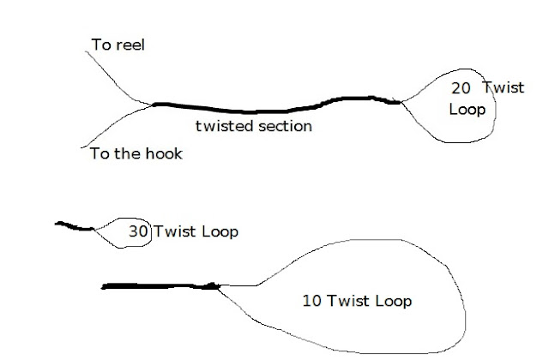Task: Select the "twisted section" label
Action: [x=254, y=126]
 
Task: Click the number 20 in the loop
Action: [x=461, y=87]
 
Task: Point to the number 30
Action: [x=137, y=231]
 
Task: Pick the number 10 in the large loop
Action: [x=313, y=301]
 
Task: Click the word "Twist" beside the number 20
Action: [x=501, y=87]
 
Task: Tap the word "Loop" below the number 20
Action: [x=467, y=110]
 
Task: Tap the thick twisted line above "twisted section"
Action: [x=257, y=109]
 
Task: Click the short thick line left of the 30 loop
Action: [x=75, y=226]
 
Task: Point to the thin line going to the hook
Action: [x=112, y=129]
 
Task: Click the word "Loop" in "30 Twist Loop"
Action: [x=219, y=231]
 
